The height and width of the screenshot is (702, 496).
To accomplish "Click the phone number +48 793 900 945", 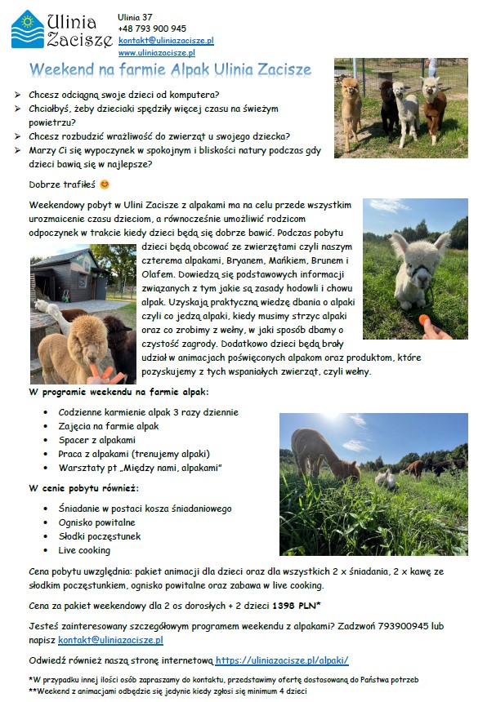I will tap(152, 29).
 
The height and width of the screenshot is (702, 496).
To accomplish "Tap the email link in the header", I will tap(166, 40).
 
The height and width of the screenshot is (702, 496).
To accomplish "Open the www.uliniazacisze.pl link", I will tap(156, 52).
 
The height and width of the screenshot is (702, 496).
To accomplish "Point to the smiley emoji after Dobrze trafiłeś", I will tap(104, 184).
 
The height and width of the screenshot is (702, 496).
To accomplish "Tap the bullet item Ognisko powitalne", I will tap(96, 522).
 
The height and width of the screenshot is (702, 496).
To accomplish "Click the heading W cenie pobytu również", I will tap(83, 488).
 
